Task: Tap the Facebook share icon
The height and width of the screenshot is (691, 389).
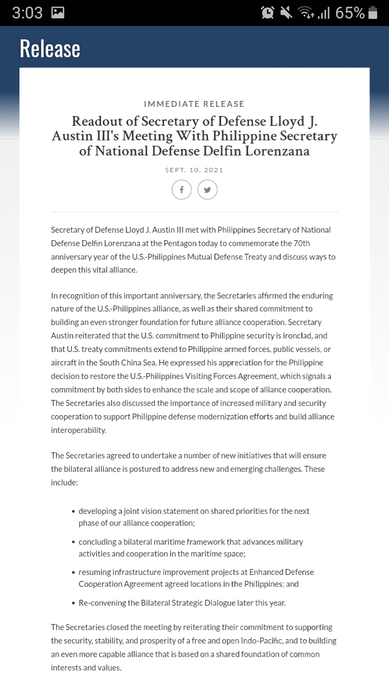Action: pos(182,189)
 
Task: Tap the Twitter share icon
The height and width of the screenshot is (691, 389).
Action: pos(207,189)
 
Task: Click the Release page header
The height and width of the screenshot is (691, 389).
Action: pos(50,49)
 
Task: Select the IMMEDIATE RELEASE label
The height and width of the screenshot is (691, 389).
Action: pos(194,104)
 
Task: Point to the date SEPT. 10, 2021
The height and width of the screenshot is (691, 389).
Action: pos(194,170)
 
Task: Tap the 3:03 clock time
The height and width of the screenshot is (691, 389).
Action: pos(27,13)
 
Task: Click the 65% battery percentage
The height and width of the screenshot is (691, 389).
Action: pos(350,13)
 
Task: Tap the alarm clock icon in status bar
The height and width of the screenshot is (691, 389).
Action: pos(267,13)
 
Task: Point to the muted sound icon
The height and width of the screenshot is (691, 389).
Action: pos(286,13)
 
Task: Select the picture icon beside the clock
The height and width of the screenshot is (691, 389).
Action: pos(58,13)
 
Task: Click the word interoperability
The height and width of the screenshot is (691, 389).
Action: pos(79,430)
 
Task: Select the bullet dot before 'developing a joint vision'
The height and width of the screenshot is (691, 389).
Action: pos(73,511)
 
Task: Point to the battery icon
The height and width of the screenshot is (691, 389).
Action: pos(373,13)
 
